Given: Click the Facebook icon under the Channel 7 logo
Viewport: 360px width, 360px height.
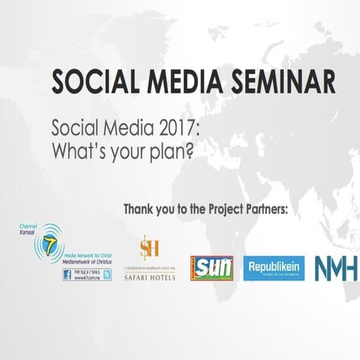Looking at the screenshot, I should click(67, 274).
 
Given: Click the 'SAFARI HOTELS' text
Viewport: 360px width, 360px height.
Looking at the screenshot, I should click(149, 277).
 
